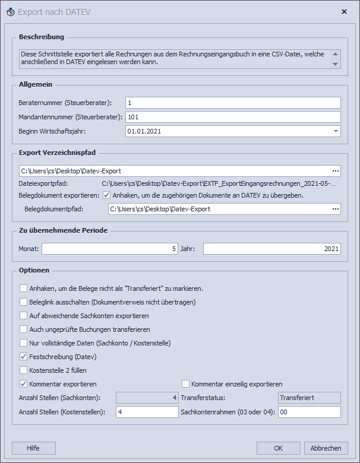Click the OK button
coord(279,448)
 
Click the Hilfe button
coord(34,448)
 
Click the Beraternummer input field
coord(232,103)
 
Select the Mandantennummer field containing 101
coord(232,117)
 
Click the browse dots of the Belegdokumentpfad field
coord(336,209)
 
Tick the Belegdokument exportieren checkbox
coord(107,195)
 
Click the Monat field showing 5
coord(109,248)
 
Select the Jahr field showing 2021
coord(271,248)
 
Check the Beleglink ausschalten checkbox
coord(24,302)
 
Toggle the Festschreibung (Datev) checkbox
coord(24,357)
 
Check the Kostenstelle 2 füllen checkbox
coord(24,370)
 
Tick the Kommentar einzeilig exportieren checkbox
coord(186,384)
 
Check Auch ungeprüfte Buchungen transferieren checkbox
coord(24,329)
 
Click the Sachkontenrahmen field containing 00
coord(309,412)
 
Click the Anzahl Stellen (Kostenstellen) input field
coord(146,412)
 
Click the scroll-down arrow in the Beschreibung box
coord(335,64)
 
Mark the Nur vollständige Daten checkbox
coord(24,343)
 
